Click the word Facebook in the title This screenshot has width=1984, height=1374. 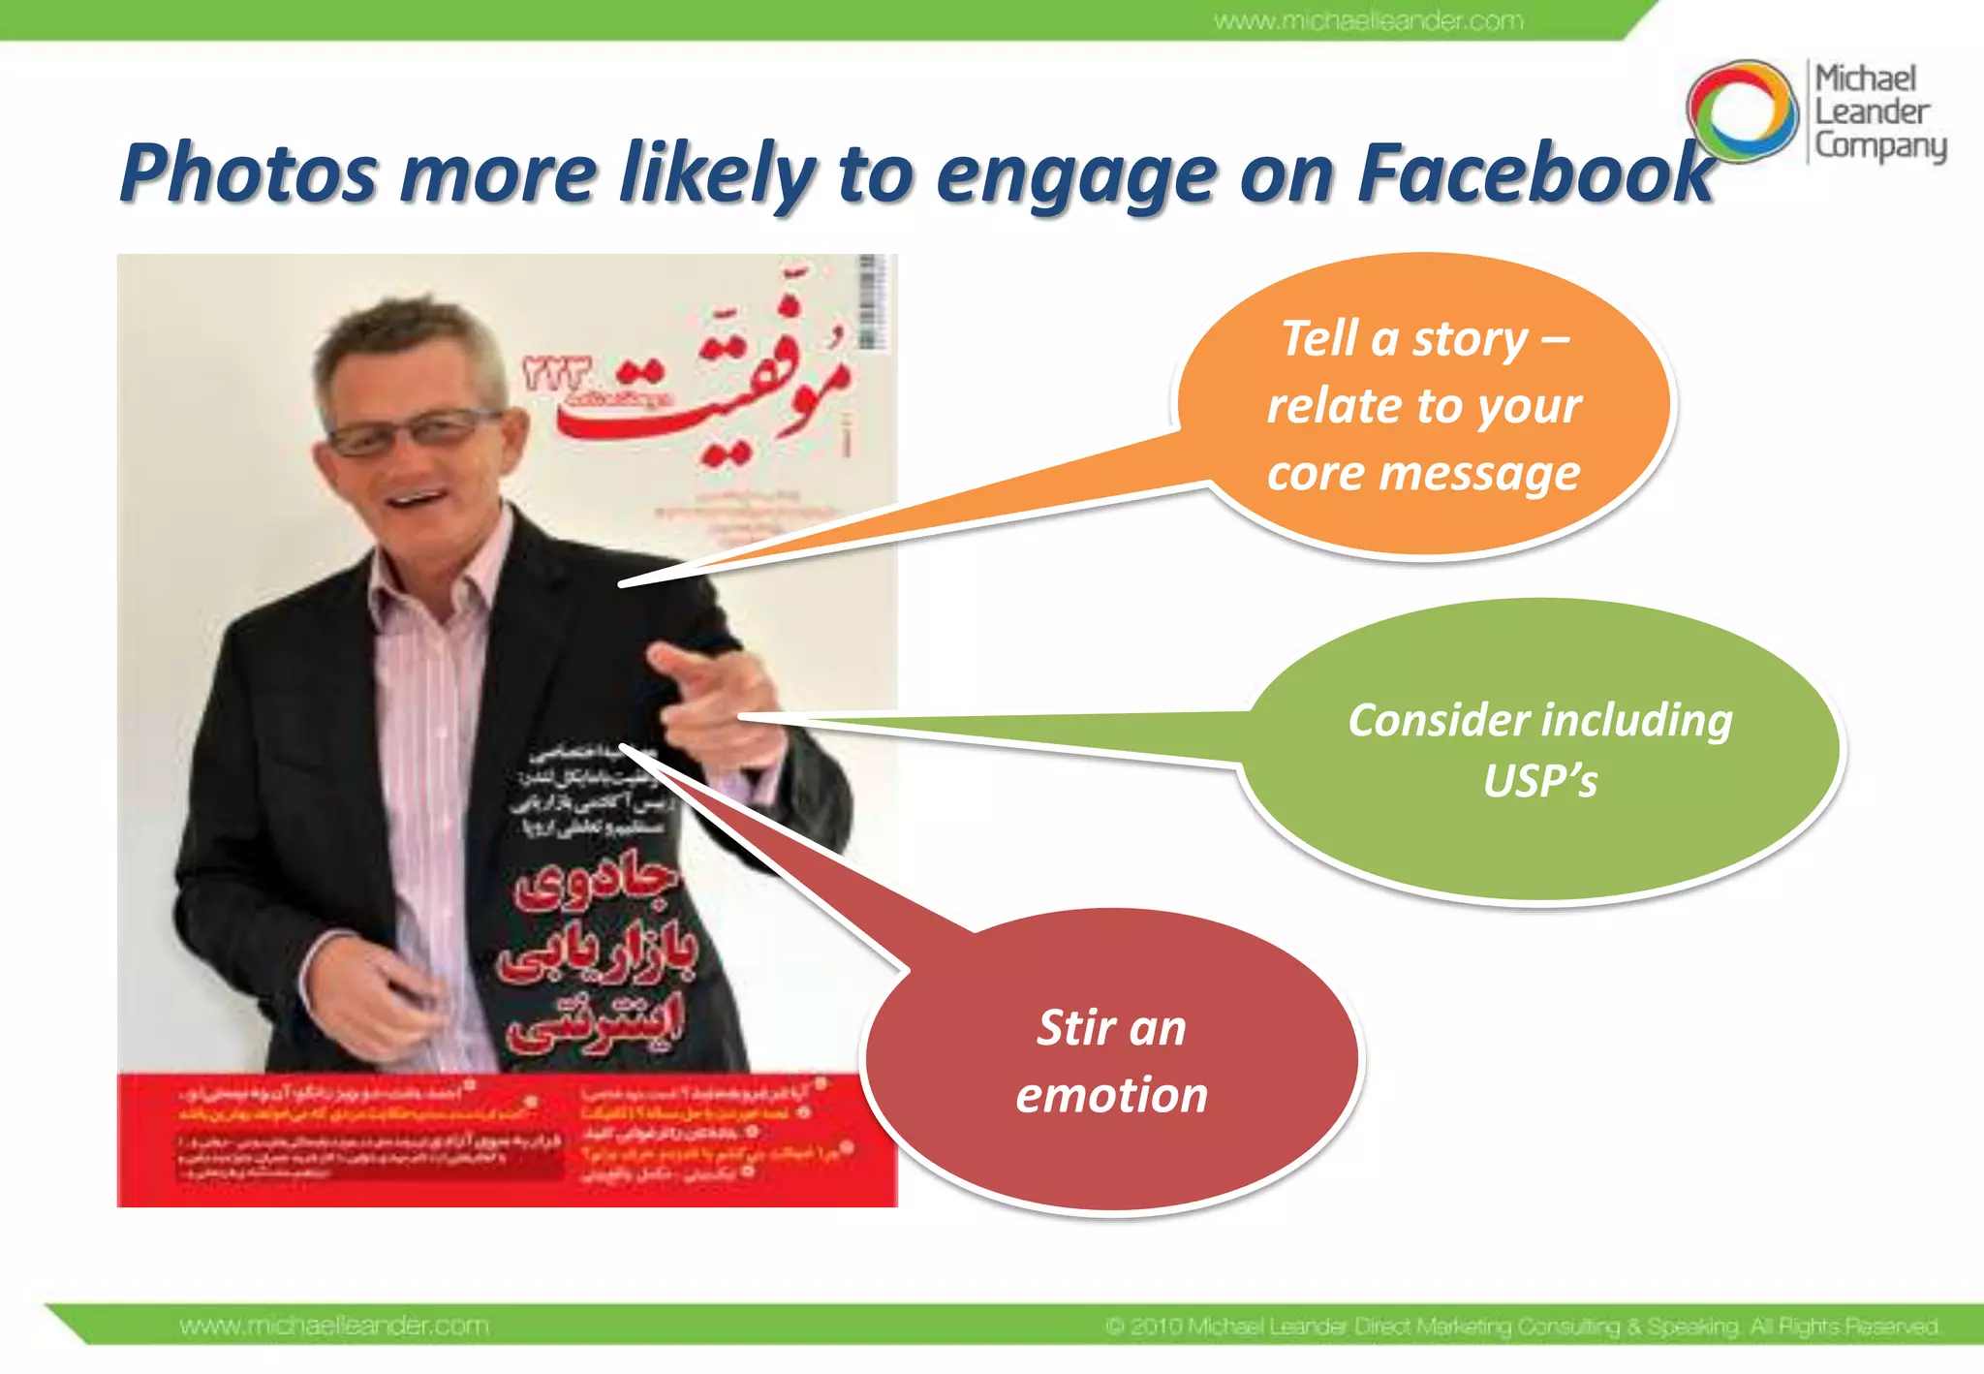coord(1535,174)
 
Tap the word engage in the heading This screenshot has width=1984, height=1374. coord(1075,176)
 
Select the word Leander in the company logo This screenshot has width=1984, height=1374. coord(1872,111)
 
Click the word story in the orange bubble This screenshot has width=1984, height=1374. coord(1470,339)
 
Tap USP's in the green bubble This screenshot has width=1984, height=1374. coord(1539,781)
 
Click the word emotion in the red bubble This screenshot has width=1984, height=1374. coord(1111,1095)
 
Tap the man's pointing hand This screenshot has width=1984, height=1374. coord(712,698)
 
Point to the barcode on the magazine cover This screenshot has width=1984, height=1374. coord(869,302)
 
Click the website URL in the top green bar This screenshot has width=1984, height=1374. coord(1368,20)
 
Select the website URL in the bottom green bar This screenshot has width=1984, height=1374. coord(334,1325)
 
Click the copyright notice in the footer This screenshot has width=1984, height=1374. coord(1521,1325)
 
